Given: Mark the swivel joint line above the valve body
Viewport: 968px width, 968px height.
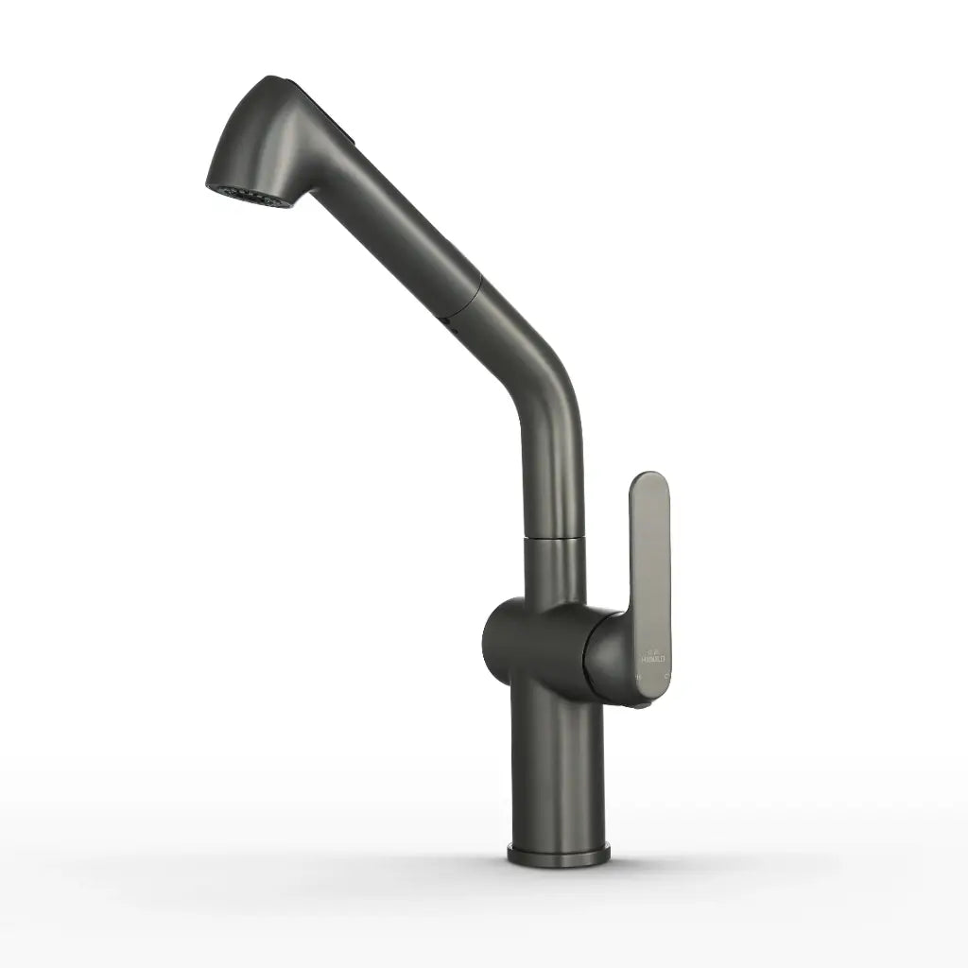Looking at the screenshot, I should tap(556, 537).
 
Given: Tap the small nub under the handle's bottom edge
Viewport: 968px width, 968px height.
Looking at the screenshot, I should tap(642, 704).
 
